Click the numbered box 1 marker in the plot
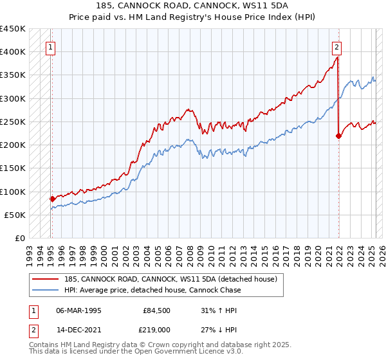[50, 46]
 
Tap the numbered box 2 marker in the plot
[336, 46]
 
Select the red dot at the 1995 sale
[52, 199]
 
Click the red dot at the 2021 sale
[338, 136]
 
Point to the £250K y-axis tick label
[13, 122]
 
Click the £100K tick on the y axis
[13, 192]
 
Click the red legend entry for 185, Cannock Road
[170, 279]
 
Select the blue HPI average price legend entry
[152, 290]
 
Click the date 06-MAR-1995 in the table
[78, 310]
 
